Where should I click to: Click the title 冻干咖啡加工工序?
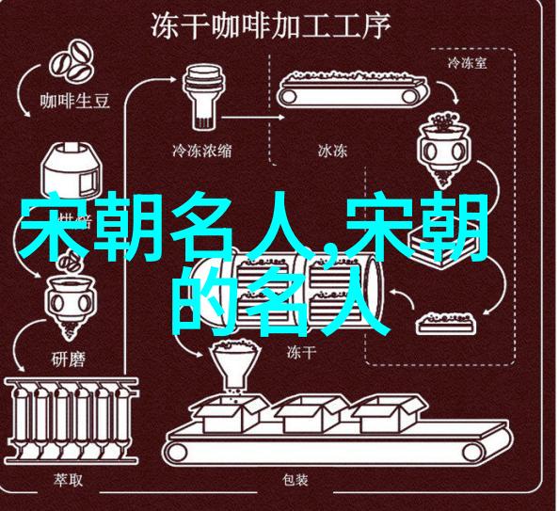click(270, 25)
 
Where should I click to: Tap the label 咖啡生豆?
click(75, 101)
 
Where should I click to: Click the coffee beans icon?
click(72, 63)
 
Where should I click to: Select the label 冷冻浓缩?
click(201, 151)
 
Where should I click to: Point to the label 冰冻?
click(332, 151)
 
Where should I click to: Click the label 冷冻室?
click(467, 63)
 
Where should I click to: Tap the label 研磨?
click(69, 359)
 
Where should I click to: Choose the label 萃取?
click(68, 480)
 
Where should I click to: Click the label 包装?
click(295, 480)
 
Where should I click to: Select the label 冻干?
click(301, 352)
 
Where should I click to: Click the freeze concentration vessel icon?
click(203, 97)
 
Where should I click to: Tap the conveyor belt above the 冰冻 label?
click(352, 88)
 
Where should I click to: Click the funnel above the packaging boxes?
click(235, 365)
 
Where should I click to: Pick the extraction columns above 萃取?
click(72, 421)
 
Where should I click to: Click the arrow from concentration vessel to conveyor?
click(253, 117)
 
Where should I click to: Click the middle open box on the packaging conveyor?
click(311, 414)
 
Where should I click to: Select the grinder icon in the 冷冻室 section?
click(444, 149)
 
